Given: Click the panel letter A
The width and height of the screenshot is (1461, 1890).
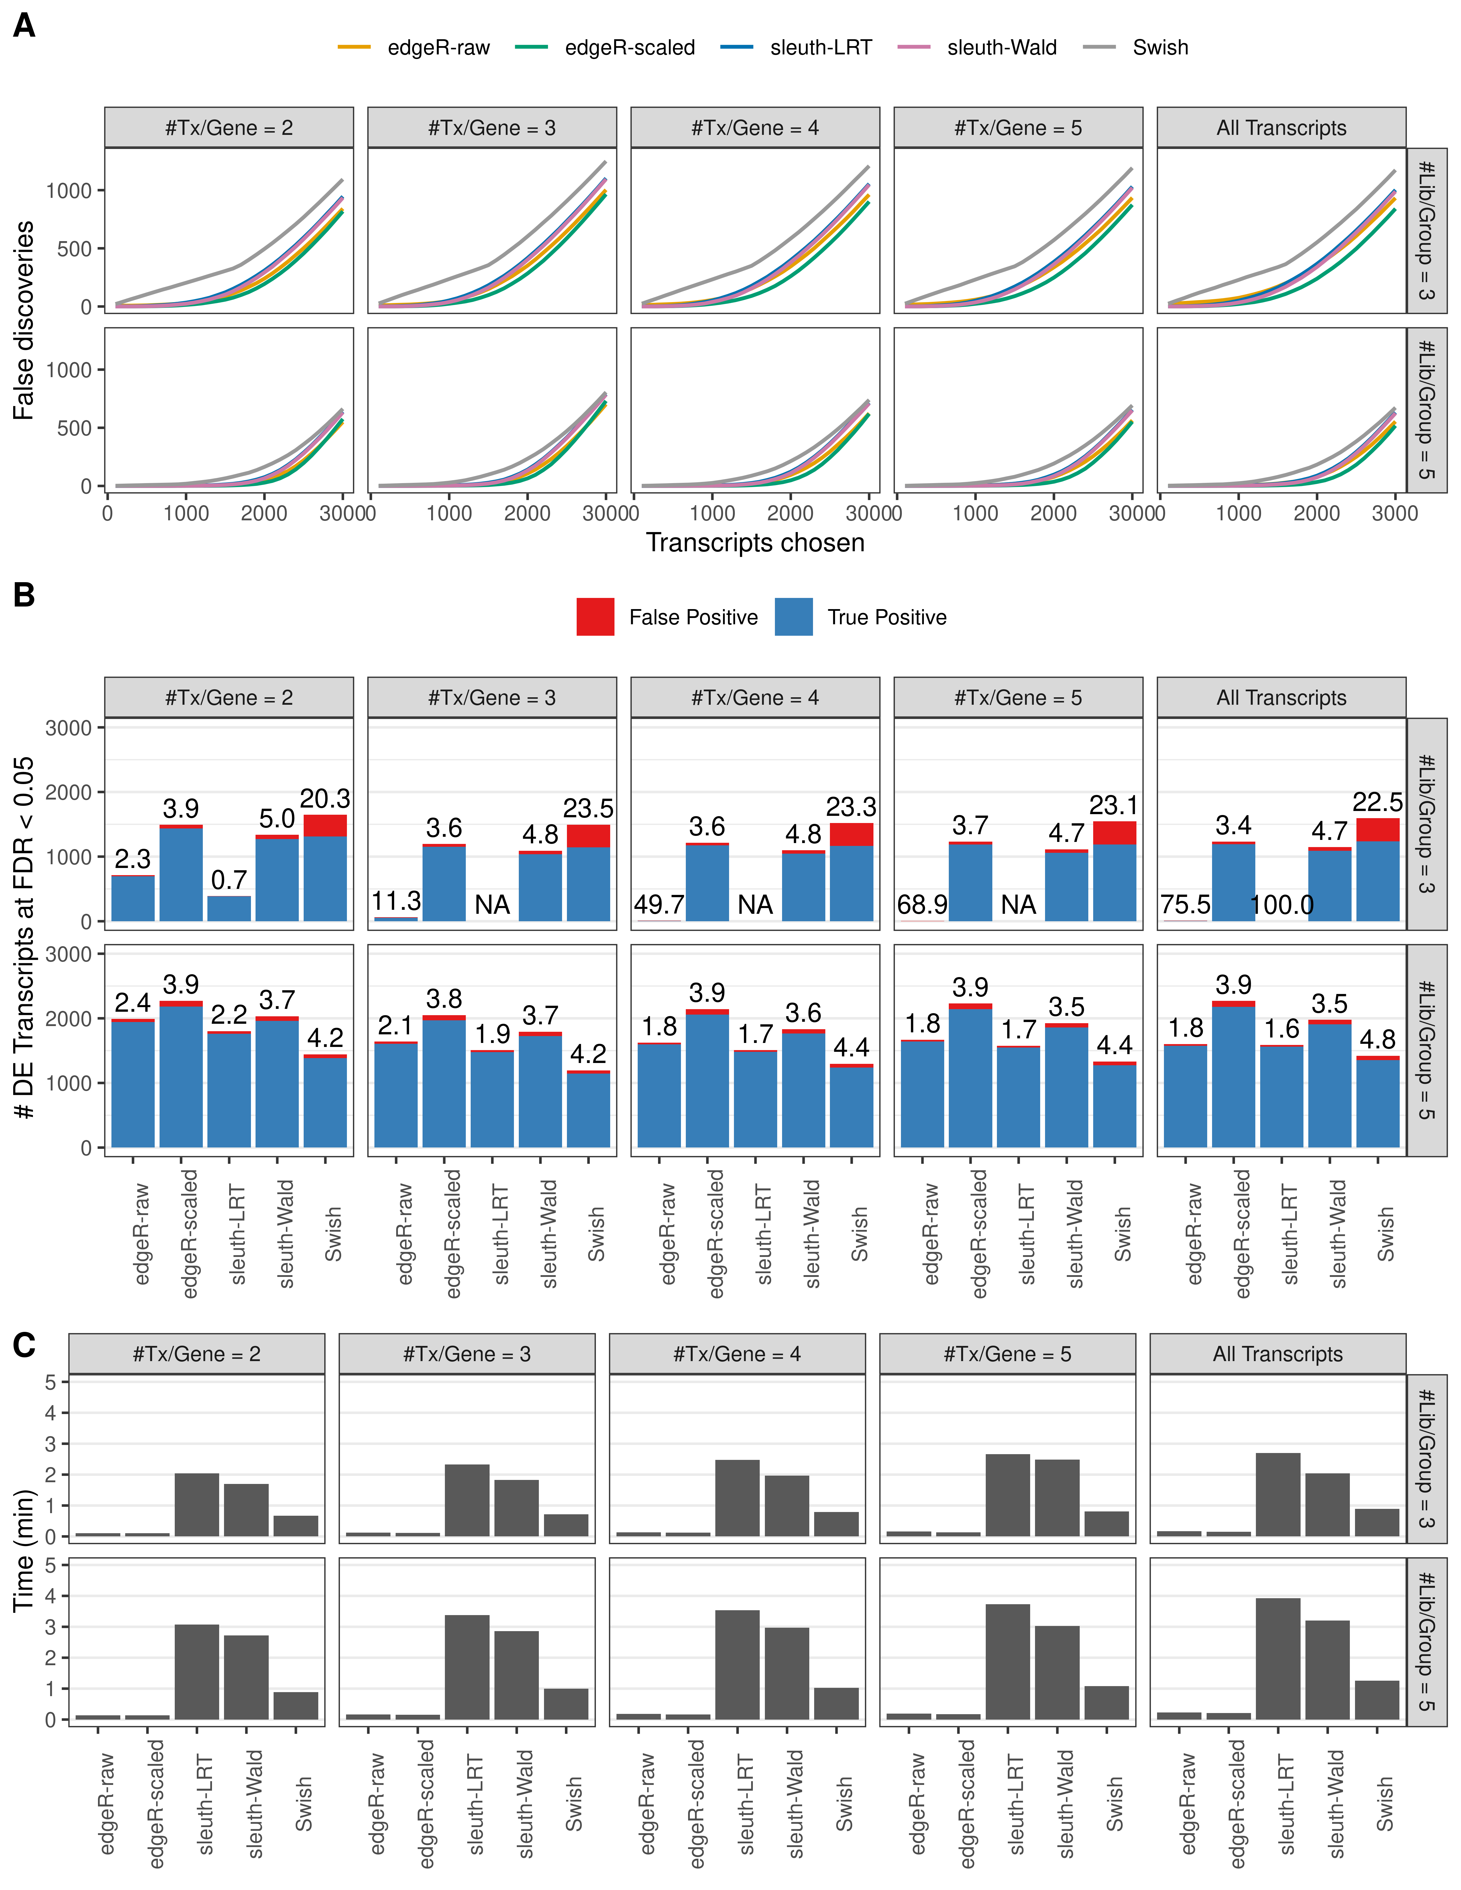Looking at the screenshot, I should [x=24, y=26].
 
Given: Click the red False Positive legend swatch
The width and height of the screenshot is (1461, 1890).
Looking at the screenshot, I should [x=596, y=617].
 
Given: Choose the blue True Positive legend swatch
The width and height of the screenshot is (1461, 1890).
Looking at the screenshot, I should [x=794, y=617].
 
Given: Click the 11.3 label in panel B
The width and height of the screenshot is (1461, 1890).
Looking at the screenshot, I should [x=396, y=901].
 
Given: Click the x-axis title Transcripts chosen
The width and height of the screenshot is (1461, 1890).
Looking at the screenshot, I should [x=755, y=543].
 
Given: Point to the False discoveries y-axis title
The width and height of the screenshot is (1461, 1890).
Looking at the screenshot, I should [x=24, y=320].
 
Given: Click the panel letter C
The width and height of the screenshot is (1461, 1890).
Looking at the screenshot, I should [x=24, y=1346].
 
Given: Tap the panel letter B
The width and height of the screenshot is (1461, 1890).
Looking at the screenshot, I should [x=24, y=595].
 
